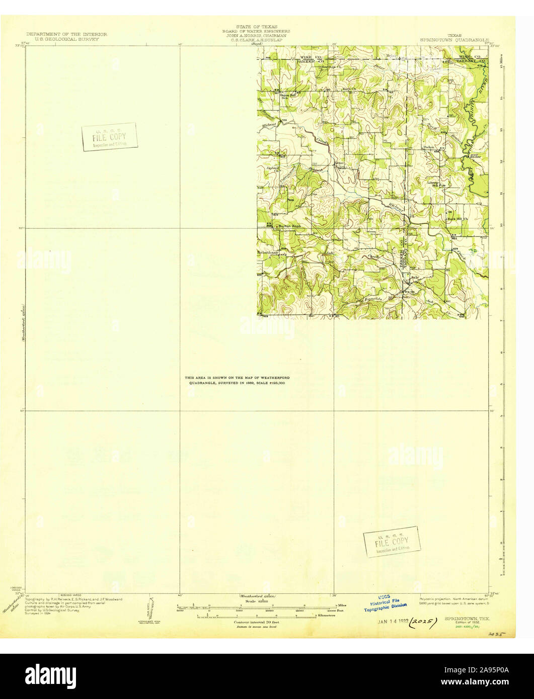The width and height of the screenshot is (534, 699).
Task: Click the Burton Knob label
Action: [x=289, y=226]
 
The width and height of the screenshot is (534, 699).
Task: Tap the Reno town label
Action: [x=340, y=163]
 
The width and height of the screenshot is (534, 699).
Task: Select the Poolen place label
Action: [x=429, y=147]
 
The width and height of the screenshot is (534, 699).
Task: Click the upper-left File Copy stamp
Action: [x=110, y=137]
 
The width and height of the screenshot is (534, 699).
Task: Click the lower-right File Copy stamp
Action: [x=391, y=542]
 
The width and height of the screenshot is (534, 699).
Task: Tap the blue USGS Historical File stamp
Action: [x=385, y=603]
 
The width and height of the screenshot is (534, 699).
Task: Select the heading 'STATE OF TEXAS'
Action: [x=257, y=26]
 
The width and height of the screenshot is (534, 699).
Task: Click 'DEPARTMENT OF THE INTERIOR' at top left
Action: [x=66, y=34]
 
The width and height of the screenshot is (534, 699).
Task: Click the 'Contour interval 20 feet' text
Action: [x=257, y=622]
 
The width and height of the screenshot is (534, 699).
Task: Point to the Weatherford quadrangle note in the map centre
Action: [x=237, y=380]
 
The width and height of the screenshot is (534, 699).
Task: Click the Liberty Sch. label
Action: [x=434, y=184]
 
